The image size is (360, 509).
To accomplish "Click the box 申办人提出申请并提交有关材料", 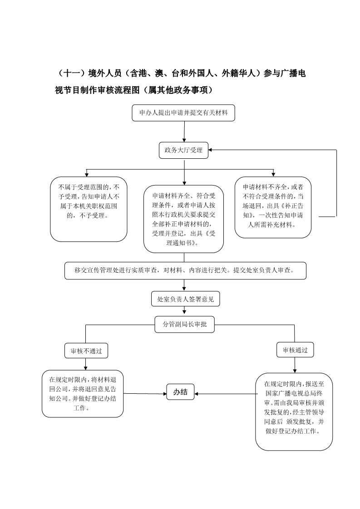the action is point(183,113).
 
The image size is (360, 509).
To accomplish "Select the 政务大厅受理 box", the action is point(183,150).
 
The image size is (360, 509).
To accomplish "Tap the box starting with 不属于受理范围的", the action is point(89,209).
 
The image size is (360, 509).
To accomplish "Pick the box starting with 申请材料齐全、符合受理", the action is point(183,219).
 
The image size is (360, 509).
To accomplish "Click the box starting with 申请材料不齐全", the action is point(273,207).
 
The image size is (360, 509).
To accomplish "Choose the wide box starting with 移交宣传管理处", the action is point(186,271).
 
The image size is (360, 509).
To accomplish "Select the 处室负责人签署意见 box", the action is point(186,299).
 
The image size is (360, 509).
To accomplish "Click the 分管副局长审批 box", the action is point(185,324).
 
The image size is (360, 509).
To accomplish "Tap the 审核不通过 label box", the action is point(86,351).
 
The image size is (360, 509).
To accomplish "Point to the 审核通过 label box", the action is point(295,350).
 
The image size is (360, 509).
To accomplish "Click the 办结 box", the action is point(180,392).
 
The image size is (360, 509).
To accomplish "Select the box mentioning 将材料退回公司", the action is point(83,394).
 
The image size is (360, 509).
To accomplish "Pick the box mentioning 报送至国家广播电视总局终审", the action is point(294,412).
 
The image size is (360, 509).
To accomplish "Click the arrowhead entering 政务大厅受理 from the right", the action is point(210,150).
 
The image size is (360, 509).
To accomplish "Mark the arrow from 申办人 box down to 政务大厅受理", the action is point(184,132).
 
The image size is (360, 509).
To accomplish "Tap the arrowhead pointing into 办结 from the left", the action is point(164,394).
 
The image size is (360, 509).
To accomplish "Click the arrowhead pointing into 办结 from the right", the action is point(196,394).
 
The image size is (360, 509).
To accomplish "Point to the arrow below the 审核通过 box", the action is point(295,365).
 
